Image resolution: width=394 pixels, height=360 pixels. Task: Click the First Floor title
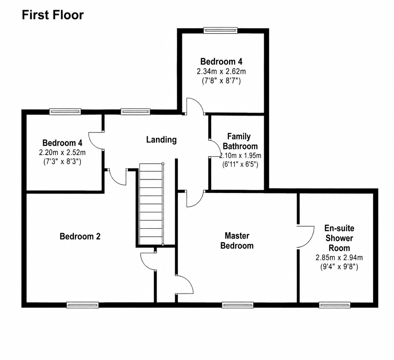53,15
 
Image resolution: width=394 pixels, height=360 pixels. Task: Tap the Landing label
162,140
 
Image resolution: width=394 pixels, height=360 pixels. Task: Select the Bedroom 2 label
80,236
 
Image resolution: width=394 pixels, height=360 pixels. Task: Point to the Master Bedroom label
237,241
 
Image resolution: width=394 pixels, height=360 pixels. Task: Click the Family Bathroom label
240,141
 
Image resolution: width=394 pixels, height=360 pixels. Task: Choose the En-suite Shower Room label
339,238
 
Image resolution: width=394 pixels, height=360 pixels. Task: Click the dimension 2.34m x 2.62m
221,71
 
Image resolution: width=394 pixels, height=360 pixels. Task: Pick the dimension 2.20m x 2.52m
62,153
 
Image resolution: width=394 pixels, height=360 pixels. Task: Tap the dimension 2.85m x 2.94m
339,257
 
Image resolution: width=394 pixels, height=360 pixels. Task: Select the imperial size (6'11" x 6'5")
240,164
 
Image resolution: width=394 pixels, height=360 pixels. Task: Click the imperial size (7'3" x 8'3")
62,162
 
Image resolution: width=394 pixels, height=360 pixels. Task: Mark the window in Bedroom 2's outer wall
83,305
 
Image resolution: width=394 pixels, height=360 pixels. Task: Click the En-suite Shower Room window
335,305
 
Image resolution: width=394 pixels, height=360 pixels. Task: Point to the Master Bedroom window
238,305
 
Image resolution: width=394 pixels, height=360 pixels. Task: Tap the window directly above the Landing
135,112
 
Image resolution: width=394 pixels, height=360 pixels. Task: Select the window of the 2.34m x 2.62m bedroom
220,30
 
